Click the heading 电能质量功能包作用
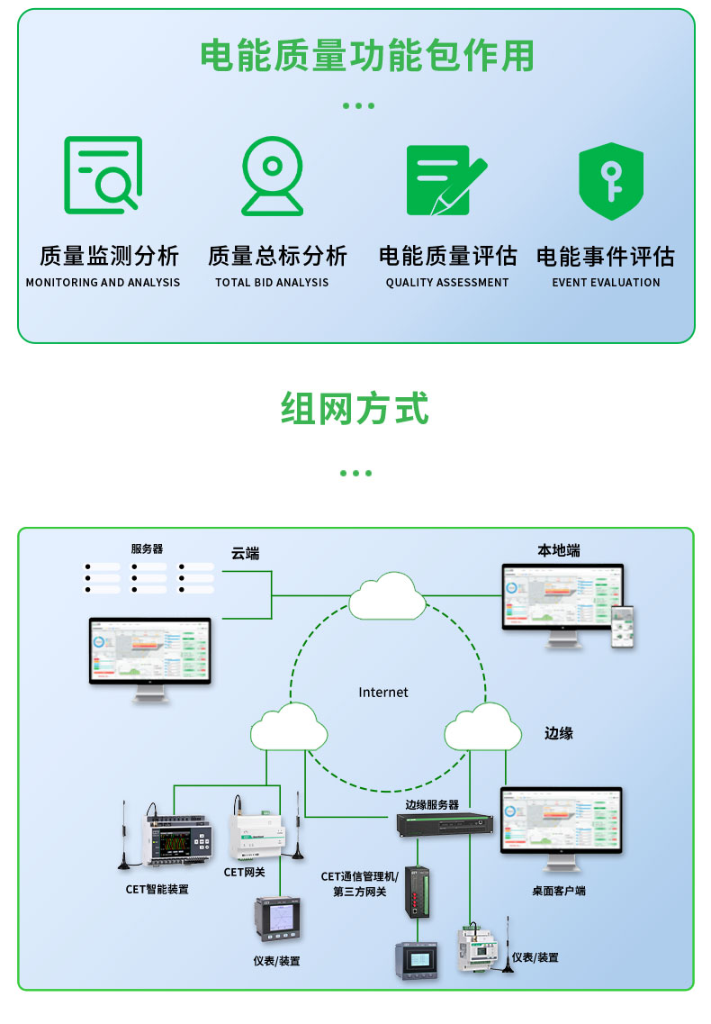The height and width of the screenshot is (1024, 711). tap(366, 56)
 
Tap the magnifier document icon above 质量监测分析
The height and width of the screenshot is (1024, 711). tap(103, 175)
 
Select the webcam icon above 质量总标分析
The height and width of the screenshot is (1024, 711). tap(272, 175)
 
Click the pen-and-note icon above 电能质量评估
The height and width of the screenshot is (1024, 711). tap(445, 179)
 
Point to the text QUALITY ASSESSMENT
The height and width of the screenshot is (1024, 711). tap(447, 283)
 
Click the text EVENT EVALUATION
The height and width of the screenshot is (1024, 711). tap(606, 283)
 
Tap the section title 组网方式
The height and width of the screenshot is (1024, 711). tap(355, 409)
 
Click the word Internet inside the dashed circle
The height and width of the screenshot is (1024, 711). tap(383, 693)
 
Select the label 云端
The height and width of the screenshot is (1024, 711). tap(246, 554)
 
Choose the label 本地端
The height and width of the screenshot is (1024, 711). tap(559, 550)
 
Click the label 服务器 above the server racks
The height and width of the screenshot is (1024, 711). tap(147, 548)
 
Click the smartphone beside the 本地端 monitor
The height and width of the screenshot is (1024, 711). tap(624, 626)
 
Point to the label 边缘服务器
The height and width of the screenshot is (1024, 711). tap(432, 805)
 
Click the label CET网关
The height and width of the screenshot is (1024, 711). tap(244, 872)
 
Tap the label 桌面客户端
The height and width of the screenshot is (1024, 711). tap(558, 891)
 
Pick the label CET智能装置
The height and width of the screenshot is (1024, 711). tap(157, 890)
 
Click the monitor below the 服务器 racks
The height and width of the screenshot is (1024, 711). tap(149, 655)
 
